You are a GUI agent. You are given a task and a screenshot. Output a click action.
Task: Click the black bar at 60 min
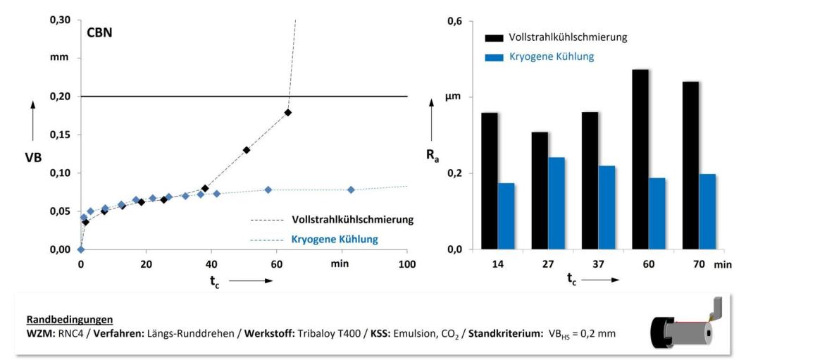[x=640, y=159]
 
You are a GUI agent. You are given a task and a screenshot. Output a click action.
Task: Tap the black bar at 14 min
[x=490, y=180]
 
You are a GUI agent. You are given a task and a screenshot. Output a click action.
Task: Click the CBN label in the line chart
[x=99, y=32]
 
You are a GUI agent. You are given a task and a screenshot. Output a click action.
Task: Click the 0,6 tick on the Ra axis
[x=455, y=21]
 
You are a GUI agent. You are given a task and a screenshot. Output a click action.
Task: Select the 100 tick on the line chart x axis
[x=407, y=263]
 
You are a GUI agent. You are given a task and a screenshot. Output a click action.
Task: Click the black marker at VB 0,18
[x=287, y=113]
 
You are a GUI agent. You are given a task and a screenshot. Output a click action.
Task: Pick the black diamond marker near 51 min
[x=247, y=150]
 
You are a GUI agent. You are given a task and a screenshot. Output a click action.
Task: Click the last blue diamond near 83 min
[x=351, y=190]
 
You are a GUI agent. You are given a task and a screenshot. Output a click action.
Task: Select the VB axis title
[x=33, y=157]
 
